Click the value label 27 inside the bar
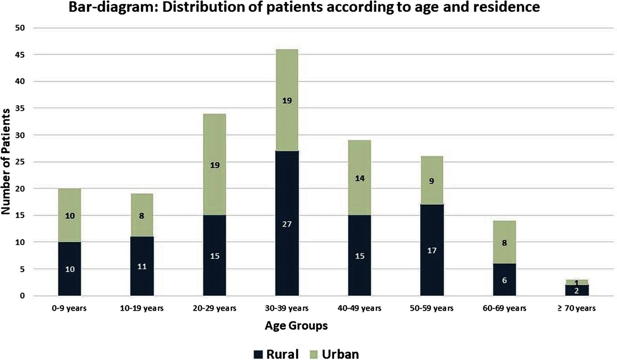coord(286,224)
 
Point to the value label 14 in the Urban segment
coord(359,179)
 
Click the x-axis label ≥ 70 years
coord(576,309)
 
